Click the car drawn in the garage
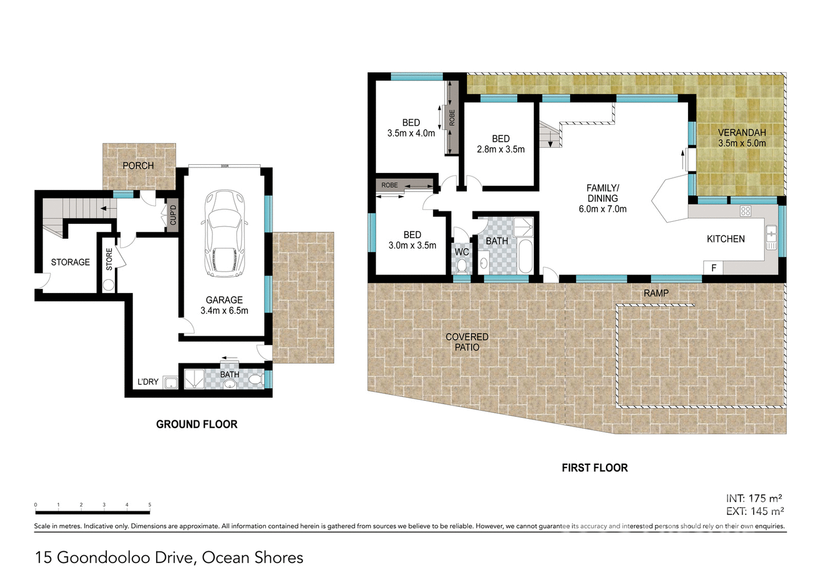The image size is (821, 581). [224, 234]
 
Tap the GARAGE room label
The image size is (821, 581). [224, 300]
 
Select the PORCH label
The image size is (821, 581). [138, 165]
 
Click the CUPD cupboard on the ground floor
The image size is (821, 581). [173, 215]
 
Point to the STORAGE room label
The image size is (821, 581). [70, 262]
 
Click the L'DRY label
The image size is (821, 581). [148, 382]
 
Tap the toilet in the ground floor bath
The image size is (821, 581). [255, 379]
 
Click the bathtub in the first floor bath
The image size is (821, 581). [525, 256]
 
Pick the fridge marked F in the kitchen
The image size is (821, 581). [713, 268]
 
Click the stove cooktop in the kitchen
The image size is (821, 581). [745, 211]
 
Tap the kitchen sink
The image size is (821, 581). [771, 237]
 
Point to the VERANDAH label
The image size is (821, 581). [742, 133]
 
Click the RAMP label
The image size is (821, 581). [656, 293]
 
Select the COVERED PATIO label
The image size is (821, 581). [467, 342]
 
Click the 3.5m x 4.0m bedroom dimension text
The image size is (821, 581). [411, 133]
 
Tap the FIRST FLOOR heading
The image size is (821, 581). [594, 468]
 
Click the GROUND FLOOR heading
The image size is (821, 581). [196, 424]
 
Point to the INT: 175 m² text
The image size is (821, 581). [754, 498]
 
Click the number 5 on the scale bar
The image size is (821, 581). [149, 505]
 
